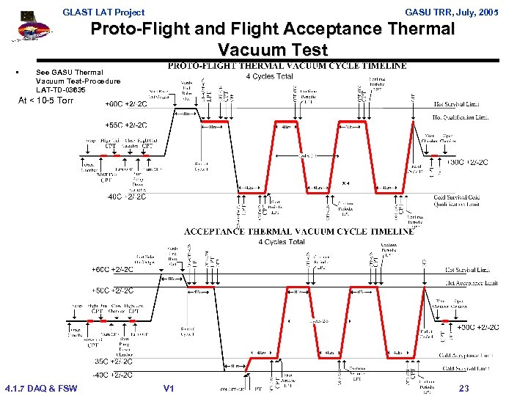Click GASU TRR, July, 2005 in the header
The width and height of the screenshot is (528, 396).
point(451,12)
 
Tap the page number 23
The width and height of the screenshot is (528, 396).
point(463,389)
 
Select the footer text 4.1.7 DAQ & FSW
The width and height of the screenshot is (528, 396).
point(40,389)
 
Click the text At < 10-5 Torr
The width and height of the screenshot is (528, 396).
point(45,100)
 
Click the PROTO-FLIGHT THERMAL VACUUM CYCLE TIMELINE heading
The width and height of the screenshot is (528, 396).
point(287,66)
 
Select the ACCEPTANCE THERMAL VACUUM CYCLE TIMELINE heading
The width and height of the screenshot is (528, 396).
point(298,231)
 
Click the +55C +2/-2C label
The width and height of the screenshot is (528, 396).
point(126,125)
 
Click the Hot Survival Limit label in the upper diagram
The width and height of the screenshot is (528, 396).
point(461,103)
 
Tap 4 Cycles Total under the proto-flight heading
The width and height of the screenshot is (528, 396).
point(269,76)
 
